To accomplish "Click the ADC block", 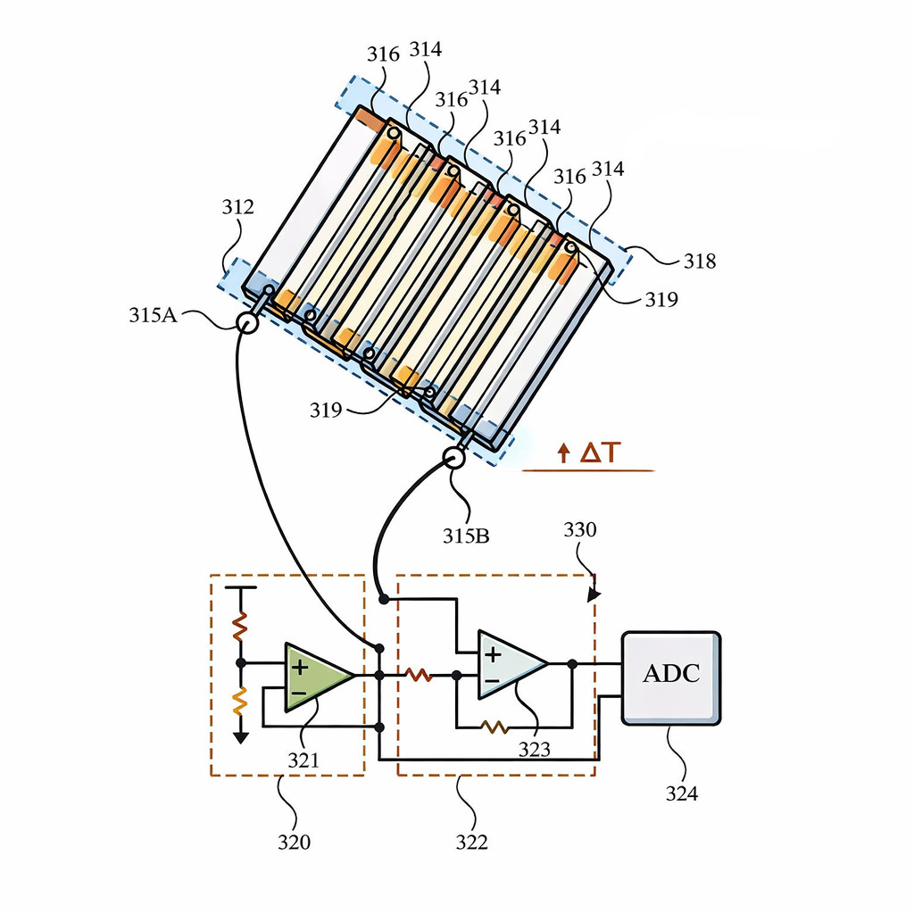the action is point(671,678).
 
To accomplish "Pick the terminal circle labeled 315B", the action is point(454,458).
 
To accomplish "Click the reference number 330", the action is point(580,530).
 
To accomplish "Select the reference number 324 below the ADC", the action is point(681,794).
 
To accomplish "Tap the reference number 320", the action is point(294,842).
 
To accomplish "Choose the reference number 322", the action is point(471,842).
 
